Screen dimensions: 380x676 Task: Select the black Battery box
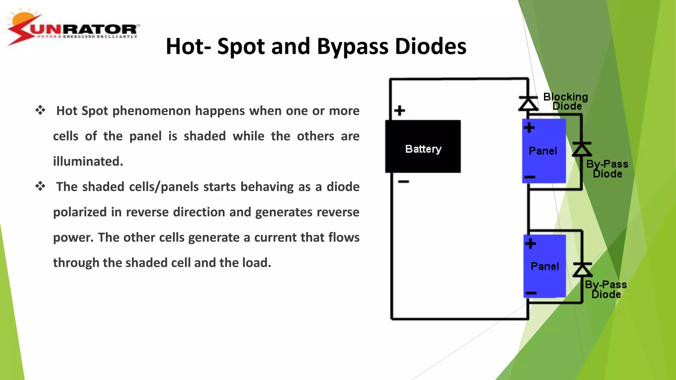pos(423,146)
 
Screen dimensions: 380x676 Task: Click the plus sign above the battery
pos(399,111)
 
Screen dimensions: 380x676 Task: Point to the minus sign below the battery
pos(403,181)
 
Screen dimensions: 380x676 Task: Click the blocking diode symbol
pos(528,103)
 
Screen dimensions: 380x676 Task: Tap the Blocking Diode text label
pos(566,101)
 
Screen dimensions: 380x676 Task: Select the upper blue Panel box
pos(544,151)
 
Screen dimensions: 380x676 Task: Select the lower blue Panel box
pos(545,266)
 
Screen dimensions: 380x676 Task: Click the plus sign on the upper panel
pos(529,128)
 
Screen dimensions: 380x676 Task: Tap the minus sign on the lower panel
pos(531,293)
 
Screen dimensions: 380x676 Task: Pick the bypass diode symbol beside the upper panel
pos(582,149)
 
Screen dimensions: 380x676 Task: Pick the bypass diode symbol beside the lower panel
pos(582,269)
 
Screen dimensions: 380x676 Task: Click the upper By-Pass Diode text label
pos(607,169)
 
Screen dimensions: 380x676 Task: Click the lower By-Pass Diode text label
pos(606,289)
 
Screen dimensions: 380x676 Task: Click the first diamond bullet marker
pos(40,110)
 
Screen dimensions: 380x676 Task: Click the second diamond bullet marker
pos(40,186)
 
